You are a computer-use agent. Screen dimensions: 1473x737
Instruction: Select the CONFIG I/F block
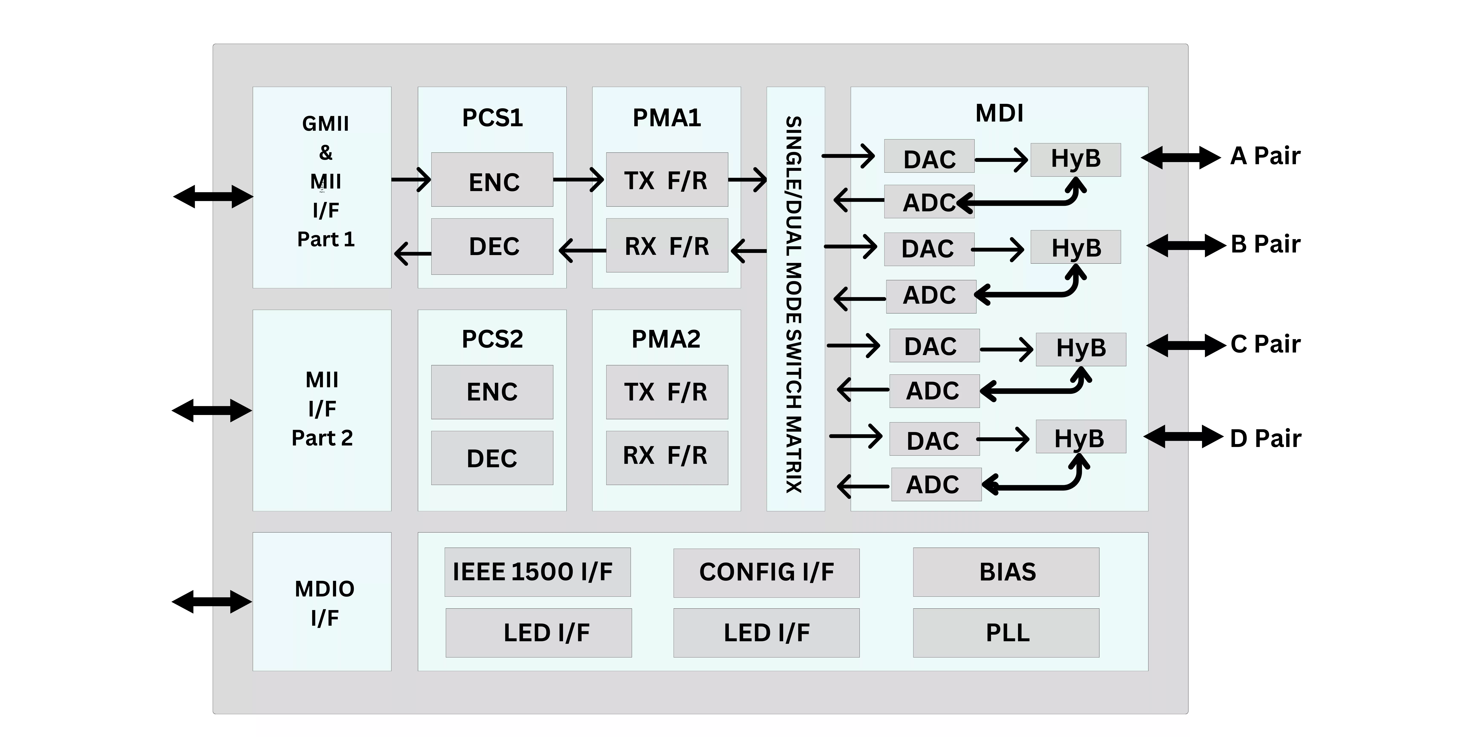point(766,573)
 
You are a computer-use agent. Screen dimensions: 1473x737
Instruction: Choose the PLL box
point(1006,633)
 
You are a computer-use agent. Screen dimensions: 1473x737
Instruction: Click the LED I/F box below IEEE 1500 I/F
point(539,633)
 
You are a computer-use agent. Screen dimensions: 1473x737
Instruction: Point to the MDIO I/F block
point(322,601)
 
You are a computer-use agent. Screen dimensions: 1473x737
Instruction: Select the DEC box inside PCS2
point(492,458)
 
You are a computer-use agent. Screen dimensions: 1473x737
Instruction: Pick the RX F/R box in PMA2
point(667,458)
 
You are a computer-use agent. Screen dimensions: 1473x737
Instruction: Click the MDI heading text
point(999,113)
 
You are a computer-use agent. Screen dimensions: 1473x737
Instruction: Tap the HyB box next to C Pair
point(1081,349)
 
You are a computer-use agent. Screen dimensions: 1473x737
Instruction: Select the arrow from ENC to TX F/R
point(578,180)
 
